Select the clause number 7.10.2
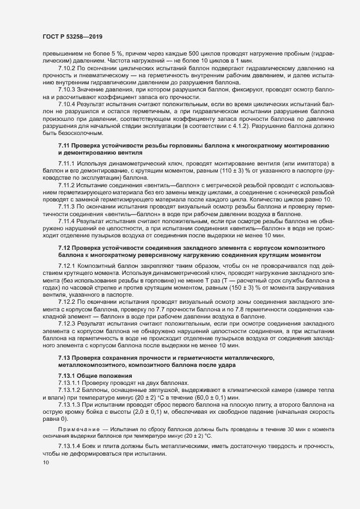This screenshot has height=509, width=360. tap(68, 69)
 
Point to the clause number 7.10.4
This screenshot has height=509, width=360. tap(68, 103)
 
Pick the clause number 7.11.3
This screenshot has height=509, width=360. tap(68, 199)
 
